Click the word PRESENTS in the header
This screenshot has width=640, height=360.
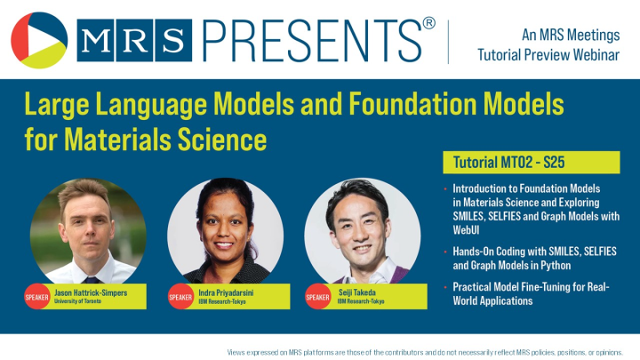311,39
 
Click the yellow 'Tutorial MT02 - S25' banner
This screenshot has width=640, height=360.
531,163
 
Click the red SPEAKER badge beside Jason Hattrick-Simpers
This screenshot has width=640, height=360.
36,297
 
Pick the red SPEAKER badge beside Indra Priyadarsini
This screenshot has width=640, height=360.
180,297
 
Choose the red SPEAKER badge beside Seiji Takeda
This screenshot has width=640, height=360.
317,297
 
